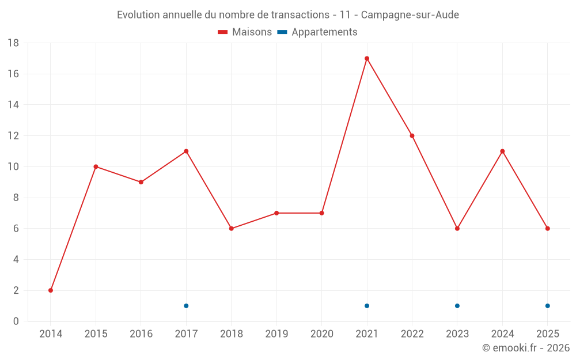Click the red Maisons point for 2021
(x=367, y=58)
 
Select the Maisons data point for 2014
(x=51, y=290)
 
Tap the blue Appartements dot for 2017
(x=186, y=306)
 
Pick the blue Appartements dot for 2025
(x=548, y=306)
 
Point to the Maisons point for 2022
(x=412, y=136)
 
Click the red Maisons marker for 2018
(x=232, y=229)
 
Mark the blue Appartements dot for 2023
(x=457, y=306)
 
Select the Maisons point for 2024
(x=502, y=151)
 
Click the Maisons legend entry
(x=245, y=32)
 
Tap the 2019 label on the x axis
(x=276, y=334)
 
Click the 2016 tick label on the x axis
(x=141, y=334)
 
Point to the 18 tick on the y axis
(x=13, y=43)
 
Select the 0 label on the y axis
(x=16, y=321)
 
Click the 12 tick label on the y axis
(x=13, y=136)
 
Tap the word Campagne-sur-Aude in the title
(x=410, y=15)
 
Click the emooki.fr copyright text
(x=526, y=348)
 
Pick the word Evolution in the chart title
(x=138, y=15)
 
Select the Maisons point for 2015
(x=96, y=167)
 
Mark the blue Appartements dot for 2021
(x=367, y=306)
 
